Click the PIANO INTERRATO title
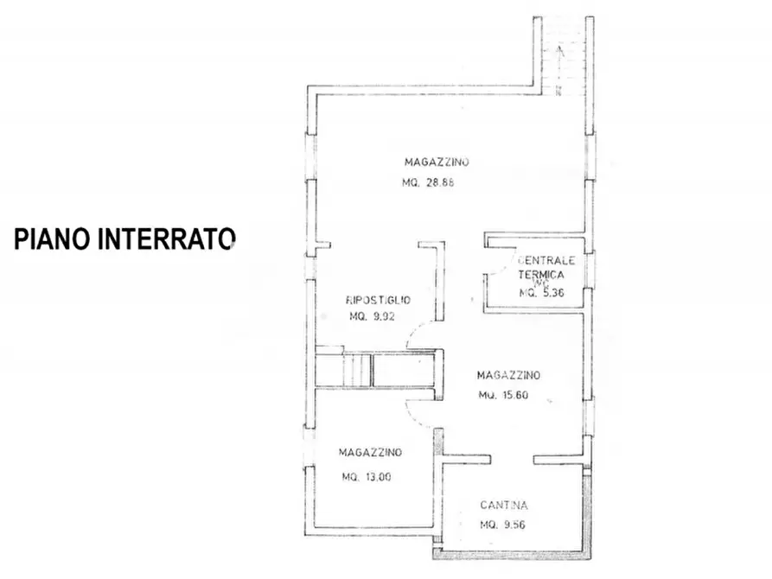coord(124,239)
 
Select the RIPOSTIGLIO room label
coord(378,300)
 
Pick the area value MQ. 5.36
coord(542,293)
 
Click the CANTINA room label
coord(504,506)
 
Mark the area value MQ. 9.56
coord(506,525)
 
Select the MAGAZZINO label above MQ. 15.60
coord(508,375)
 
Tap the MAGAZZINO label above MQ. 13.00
coord(370,452)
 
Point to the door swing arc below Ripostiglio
coord(418,332)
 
